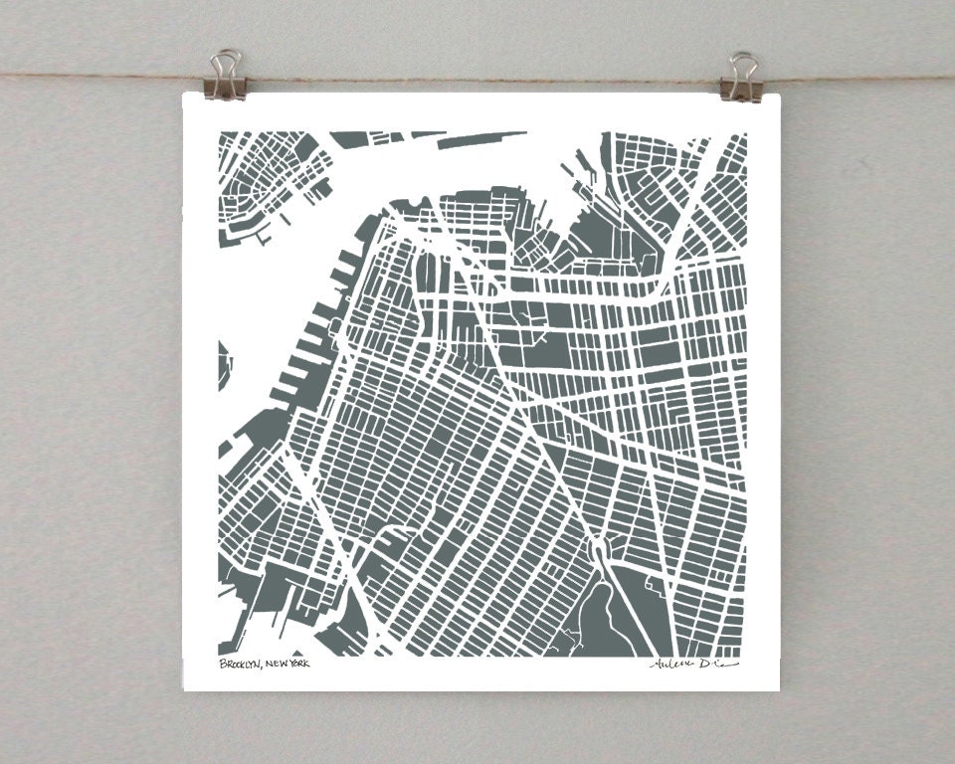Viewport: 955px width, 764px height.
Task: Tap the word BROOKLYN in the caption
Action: (240, 664)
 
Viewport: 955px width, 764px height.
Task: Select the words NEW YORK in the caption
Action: (287, 664)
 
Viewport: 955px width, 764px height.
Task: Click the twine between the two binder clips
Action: (477, 78)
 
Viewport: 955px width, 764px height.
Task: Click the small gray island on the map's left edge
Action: (223, 363)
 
